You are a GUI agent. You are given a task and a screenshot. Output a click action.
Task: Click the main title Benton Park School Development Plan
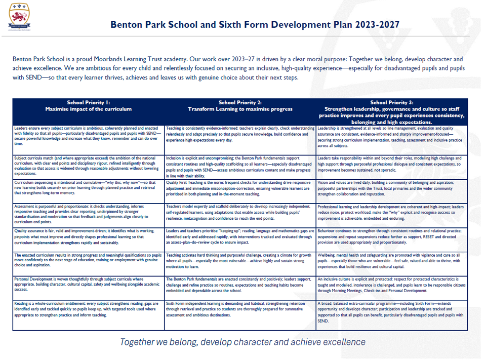255,24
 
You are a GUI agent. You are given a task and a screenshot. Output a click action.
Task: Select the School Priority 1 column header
89,106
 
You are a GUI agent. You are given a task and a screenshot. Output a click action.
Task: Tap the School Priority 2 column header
240,106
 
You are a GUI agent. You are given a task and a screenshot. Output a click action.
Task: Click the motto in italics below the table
242,342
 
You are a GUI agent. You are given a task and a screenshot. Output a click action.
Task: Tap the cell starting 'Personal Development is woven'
89,284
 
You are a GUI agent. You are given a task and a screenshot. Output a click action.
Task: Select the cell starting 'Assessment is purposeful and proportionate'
89,213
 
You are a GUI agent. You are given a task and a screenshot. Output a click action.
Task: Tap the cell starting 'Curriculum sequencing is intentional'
89,187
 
